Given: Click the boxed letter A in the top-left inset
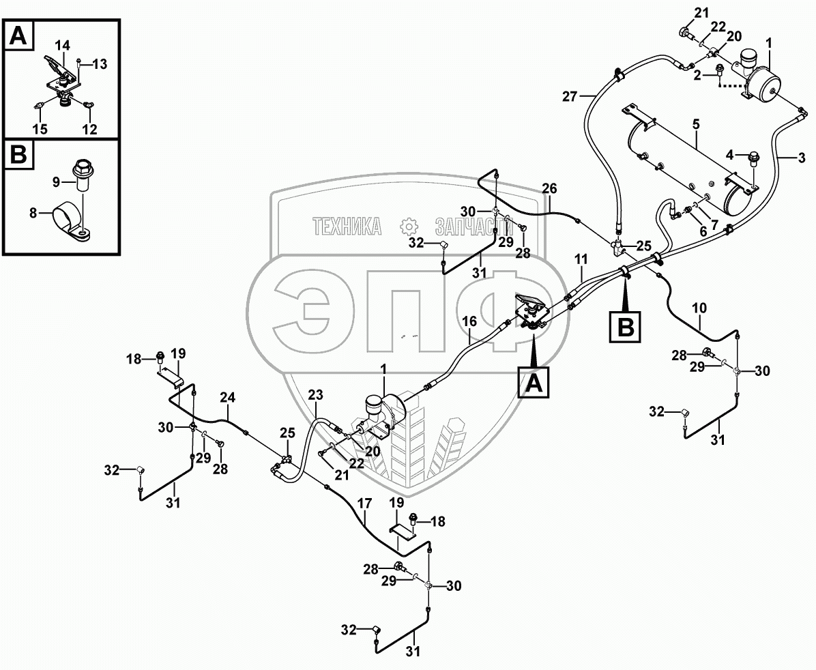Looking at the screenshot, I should pyautogui.click(x=19, y=35).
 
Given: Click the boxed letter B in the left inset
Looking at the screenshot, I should pyautogui.click(x=19, y=156).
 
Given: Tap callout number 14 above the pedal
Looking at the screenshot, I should pyautogui.click(x=62, y=46).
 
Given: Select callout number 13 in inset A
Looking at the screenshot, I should pyautogui.click(x=100, y=65).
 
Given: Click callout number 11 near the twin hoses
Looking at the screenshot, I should pyautogui.click(x=581, y=259).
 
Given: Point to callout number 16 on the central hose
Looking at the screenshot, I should pyautogui.click(x=469, y=321).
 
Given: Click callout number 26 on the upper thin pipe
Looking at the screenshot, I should pyautogui.click(x=549, y=188).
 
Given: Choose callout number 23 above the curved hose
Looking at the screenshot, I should pyautogui.click(x=315, y=395).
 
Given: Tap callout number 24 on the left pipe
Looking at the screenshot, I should pyautogui.click(x=227, y=397).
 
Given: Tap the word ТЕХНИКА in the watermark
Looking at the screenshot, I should pyautogui.click(x=347, y=227).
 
